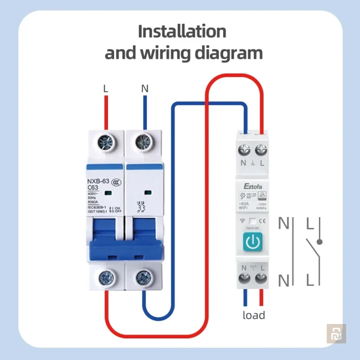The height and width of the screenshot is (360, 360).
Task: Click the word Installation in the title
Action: (182, 30)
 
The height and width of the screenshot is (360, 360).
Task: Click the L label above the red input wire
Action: (106, 88)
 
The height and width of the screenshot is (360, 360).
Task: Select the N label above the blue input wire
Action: (145, 88)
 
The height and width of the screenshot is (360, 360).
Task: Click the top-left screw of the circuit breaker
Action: (106, 143)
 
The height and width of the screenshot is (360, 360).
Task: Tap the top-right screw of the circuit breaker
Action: (145, 143)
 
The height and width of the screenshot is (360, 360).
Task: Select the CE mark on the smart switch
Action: (263, 221)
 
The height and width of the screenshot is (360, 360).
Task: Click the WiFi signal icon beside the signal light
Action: (242, 221)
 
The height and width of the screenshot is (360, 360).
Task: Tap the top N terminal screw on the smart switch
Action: (244, 150)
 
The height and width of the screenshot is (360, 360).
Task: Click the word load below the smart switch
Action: (254, 315)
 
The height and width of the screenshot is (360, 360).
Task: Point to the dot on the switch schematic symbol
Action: (320, 242)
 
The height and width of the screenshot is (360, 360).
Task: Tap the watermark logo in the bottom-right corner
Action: (336, 333)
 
